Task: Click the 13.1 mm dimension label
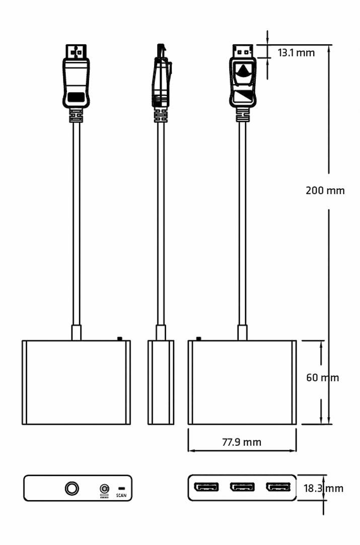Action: coord(296,53)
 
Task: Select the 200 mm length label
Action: coord(325,190)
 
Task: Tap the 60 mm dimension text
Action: coord(322,377)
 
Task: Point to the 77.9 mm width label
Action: coord(242,442)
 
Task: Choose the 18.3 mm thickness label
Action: coord(323,489)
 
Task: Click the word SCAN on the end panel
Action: coord(121,495)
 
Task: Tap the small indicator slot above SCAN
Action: coord(122,489)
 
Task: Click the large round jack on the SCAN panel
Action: coord(71,489)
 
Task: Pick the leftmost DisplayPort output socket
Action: coord(206,487)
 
